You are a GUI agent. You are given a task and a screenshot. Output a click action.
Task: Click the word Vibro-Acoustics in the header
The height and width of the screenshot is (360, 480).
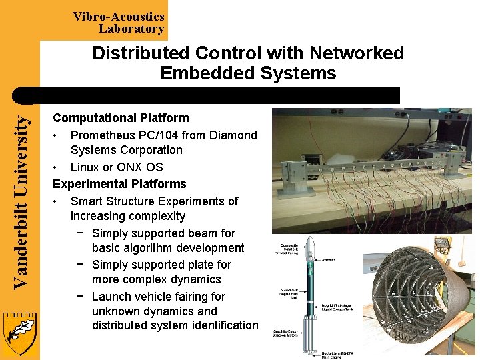tap(119, 17)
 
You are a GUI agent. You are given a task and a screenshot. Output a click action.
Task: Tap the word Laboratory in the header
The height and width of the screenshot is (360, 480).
tap(131, 29)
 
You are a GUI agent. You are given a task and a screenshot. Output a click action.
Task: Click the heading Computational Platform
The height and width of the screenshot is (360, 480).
tap(121, 118)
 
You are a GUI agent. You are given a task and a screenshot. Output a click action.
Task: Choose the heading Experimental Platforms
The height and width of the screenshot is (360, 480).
tap(119, 184)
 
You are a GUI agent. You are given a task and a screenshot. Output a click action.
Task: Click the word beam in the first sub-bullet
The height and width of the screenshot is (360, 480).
tap(203, 233)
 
